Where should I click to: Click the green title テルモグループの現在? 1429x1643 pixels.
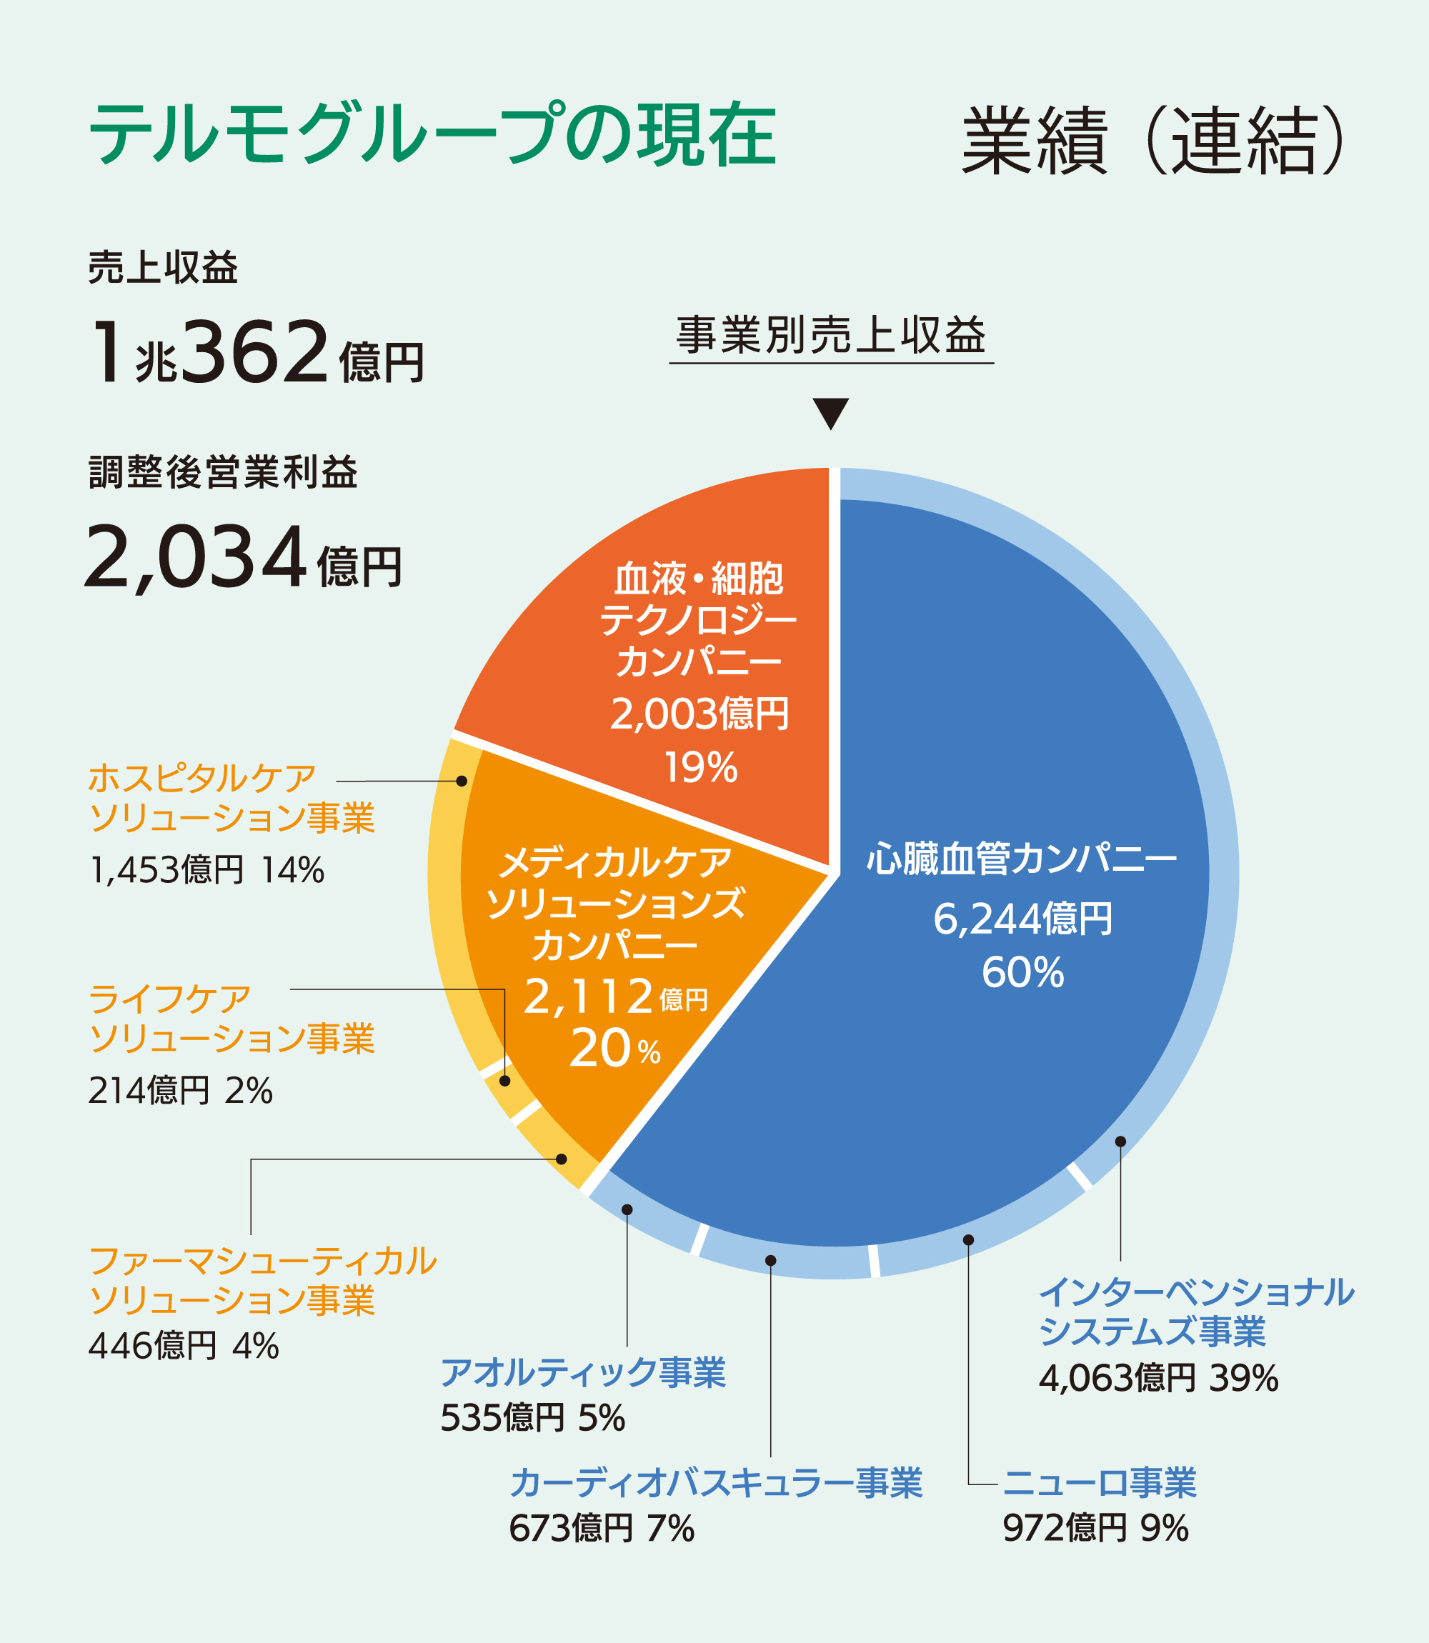(x=432, y=134)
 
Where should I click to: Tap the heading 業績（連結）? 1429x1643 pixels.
(x=1154, y=140)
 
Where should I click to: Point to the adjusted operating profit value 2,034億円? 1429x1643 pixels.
(x=243, y=557)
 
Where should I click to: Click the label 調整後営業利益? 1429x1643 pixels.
(x=223, y=472)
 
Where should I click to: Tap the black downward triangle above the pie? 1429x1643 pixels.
(x=830, y=412)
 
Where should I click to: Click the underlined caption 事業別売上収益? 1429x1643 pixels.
(x=831, y=336)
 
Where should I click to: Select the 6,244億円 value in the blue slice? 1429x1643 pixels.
(x=1022, y=919)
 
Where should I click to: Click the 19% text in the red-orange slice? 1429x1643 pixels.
(x=700, y=768)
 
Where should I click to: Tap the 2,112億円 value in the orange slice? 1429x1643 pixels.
(x=614, y=997)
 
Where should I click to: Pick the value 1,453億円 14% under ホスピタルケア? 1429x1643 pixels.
(x=206, y=870)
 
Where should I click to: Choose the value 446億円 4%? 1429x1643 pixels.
(x=184, y=1346)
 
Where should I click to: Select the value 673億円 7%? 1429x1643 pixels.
(x=602, y=1528)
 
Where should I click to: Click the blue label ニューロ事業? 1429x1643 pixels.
(x=1100, y=1482)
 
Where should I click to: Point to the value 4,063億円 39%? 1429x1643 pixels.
(x=1158, y=1379)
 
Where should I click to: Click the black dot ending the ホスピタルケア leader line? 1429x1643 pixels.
(x=462, y=781)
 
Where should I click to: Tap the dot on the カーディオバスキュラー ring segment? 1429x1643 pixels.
(x=770, y=1260)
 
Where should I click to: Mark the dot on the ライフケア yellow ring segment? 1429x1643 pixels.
(x=504, y=1081)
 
